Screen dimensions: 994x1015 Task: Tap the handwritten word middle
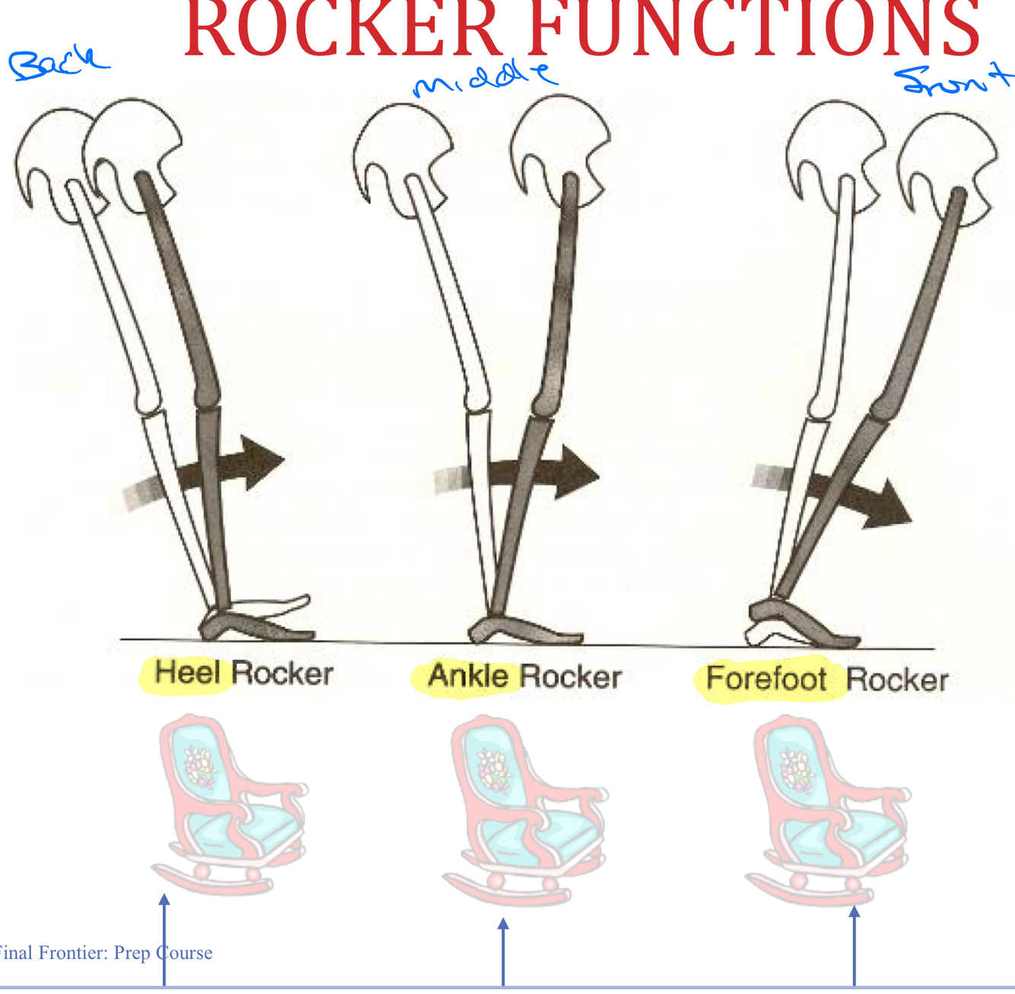coord(484,79)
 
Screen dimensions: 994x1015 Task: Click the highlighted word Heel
coord(187,673)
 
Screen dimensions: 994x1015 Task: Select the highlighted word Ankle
coord(467,676)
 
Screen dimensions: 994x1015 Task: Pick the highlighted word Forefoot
coord(765,678)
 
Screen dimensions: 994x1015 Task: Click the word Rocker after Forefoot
coord(897,680)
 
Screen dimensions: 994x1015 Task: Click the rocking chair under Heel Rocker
coord(228,802)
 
